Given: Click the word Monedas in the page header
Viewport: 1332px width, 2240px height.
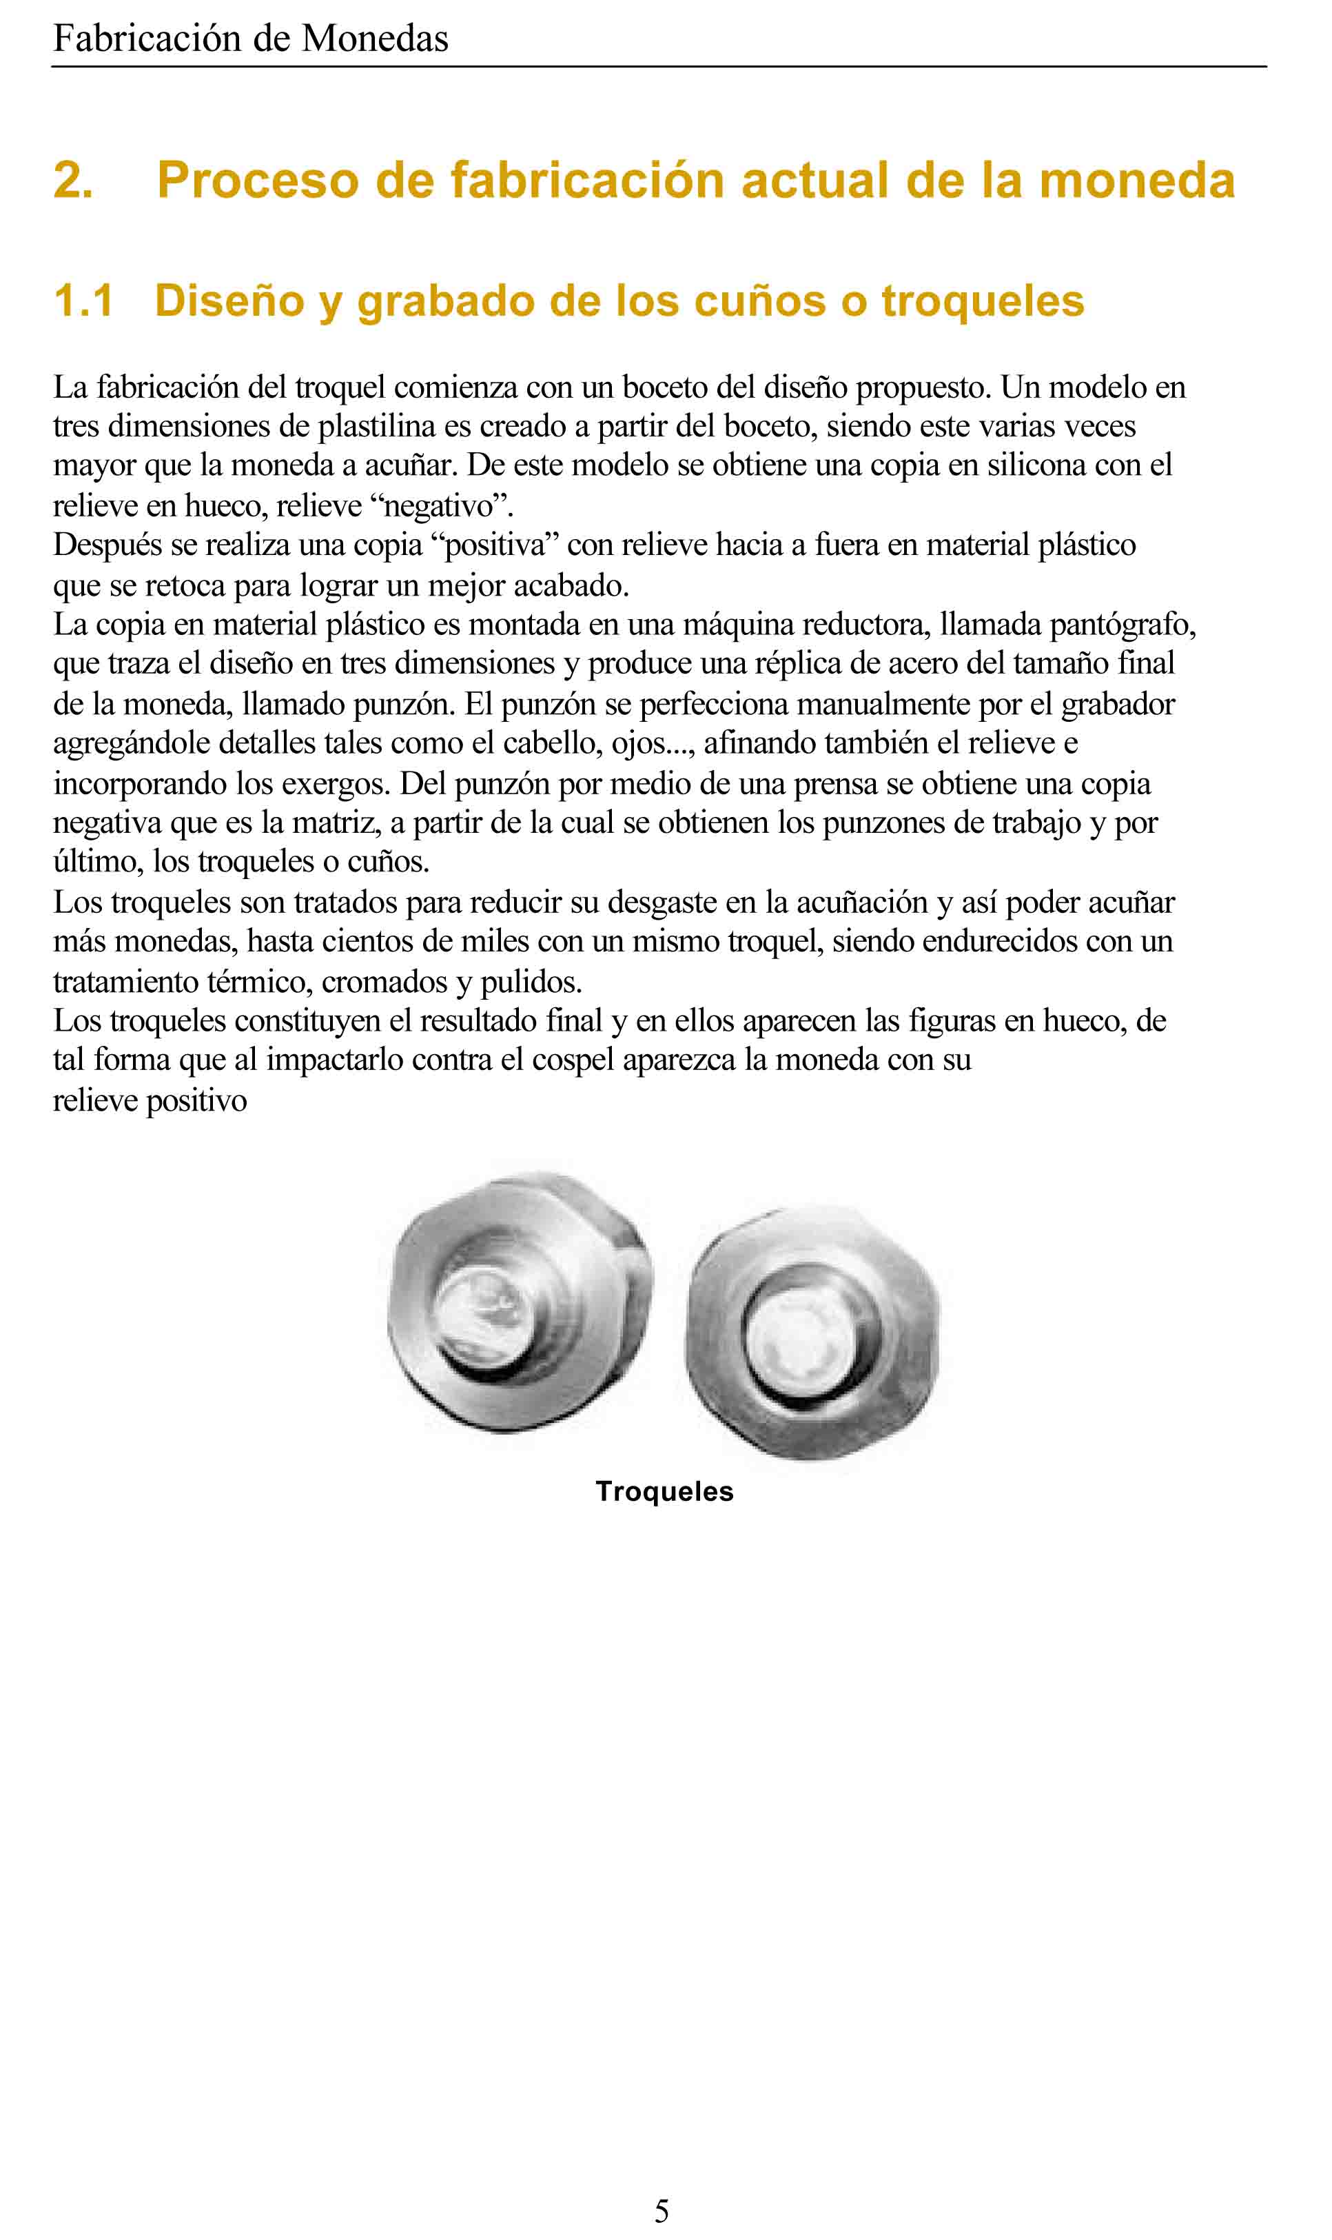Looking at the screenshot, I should (x=374, y=39).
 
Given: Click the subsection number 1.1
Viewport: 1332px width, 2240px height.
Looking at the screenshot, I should (x=83, y=300).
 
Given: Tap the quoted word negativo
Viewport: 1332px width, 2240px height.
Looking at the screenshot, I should (x=440, y=506).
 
